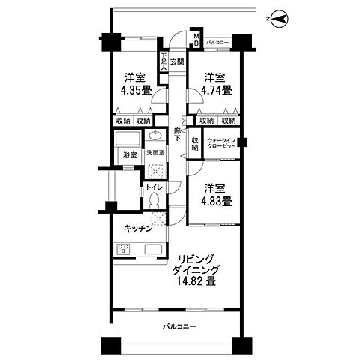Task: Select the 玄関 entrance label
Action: [x=176, y=61]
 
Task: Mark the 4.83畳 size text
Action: [x=214, y=202]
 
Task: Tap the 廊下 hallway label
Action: [x=177, y=136]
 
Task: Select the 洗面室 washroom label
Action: [x=155, y=154]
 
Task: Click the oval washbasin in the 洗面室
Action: [x=155, y=137]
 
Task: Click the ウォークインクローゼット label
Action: [x=223, y=143]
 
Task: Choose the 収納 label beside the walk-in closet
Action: [x=195, y=142]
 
